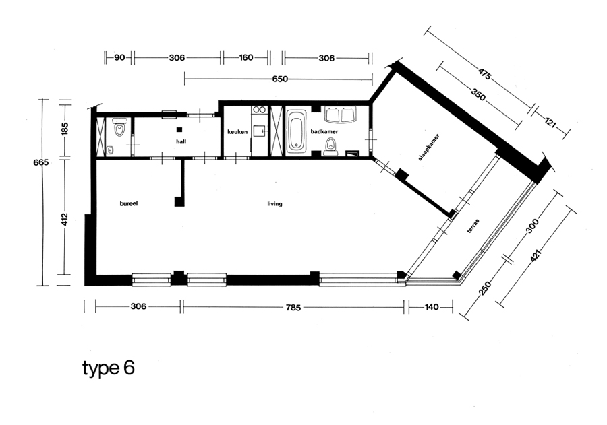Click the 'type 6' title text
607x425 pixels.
(109, 368)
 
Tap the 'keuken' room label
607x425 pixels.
(237, 132)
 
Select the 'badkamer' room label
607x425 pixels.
(324, 131)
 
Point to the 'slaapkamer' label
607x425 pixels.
(430, 148)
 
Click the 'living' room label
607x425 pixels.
(275, 204)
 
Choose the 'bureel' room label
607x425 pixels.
(129, 203)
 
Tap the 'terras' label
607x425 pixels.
(473, 226)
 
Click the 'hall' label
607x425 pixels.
(181, 141)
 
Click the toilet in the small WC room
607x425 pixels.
(119, 129)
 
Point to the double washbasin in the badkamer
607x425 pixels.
(341, 114)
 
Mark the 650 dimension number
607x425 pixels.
(280, 79)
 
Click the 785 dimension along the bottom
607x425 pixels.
(293, 307)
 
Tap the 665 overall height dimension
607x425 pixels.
(41, 162)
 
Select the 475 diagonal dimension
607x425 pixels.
(484, 73)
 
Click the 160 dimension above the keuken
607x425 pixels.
(246, 58)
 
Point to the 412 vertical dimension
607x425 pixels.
(64, 219)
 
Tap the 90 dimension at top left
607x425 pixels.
(119, 58)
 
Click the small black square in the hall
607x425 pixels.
(179, 129)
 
